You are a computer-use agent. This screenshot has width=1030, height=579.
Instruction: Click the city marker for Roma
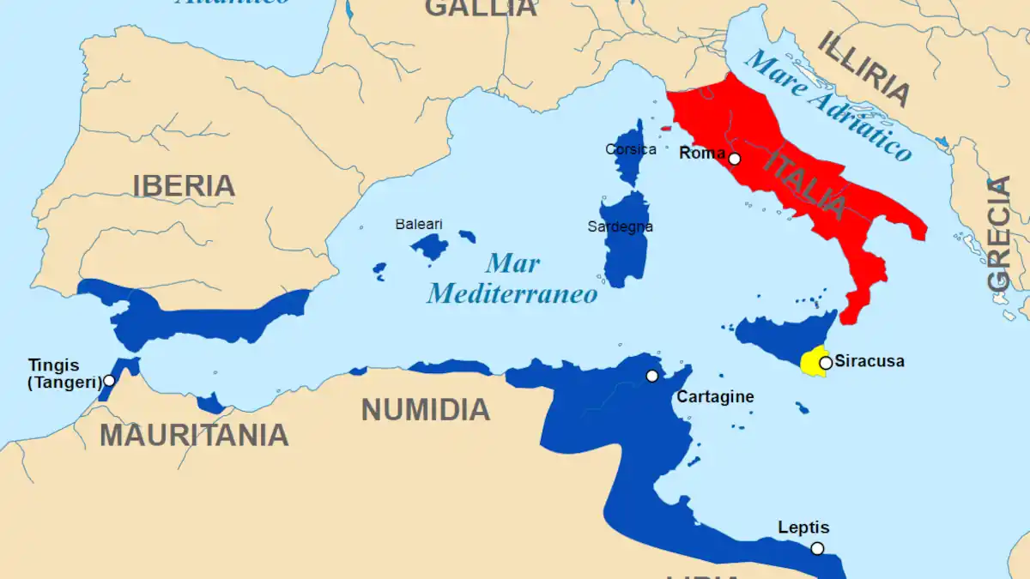pyautogui.click(x=735, y=159)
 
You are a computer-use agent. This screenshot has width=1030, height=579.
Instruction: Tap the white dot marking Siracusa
pyautogui.click(x=826, y=363)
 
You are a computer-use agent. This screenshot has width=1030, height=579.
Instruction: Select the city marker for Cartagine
pyautogui.click(x=652, y=376)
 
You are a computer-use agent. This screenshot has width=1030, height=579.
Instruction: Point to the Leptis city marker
pyautogui.click(x=817, y=548)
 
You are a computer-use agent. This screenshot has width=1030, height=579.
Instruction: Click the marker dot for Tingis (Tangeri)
pyautogui.click(x=109, y=380)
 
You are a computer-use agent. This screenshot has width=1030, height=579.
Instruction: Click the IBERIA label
pyautogui.click(x=184, y=185)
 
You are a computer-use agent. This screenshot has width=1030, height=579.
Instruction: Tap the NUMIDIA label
pyautogui.click(x=425, y=409)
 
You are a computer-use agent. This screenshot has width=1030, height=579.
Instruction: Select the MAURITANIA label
pyautogui.click(x=194, y=435)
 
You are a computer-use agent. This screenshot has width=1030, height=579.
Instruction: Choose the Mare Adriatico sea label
pyautogui.click(x=827, y=105)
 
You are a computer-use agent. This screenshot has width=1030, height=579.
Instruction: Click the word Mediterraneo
pyautogui.click(x=512, y=294)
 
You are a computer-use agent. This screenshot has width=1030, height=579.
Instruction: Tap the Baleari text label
pyautogui.click(x=419, y=224)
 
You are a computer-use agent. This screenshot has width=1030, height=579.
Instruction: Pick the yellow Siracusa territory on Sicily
pyautogui.click(x=810, y=363)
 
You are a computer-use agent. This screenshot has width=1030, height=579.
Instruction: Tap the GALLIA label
pyautogui.click(x=481, y=8)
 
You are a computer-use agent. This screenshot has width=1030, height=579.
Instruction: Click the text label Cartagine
pyautogui.click(x=715, y=396)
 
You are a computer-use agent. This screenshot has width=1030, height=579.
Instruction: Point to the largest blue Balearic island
pyautogui.click(x=429, y=247)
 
